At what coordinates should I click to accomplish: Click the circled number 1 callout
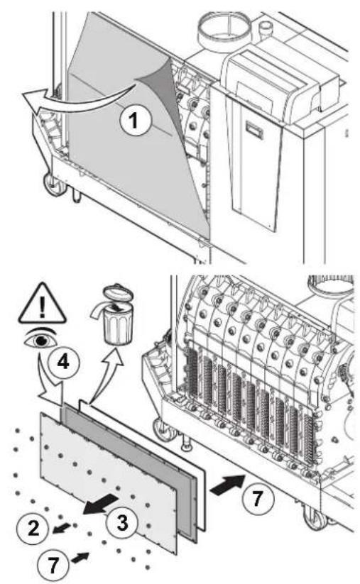coord(136,121)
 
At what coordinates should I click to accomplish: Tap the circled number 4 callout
coord(64,361)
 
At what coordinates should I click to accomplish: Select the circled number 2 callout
coord(33,528)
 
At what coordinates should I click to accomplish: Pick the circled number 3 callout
coord(122,522)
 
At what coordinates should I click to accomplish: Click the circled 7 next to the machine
coord(258,498)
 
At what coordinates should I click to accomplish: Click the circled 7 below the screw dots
coord(53,564)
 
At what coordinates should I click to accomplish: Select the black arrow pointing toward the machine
coord(228,484)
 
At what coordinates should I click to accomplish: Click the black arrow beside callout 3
coord(101,505)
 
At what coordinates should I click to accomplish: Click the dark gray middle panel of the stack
coord(131,473)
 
